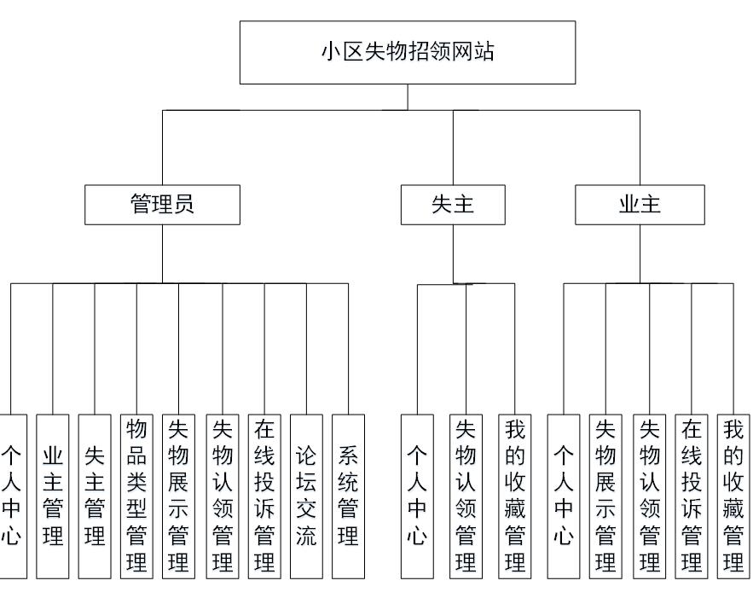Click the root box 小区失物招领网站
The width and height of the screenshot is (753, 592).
(x=407, y=52)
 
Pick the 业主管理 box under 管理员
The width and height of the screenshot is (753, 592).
(x=53, y=495)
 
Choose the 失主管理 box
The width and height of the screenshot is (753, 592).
(x=95, y=495)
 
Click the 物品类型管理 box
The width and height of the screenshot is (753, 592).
(x=136, y=495)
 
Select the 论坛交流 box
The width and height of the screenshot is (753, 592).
(x=306, y=495)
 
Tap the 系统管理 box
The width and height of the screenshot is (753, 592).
(x=348, y=495)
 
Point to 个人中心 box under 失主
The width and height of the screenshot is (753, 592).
(x=417, y=495)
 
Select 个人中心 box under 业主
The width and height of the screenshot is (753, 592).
(x=564, y=495)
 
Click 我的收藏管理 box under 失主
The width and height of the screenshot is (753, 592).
(x=515, y=495)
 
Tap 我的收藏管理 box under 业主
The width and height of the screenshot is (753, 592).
(x=733, y=495)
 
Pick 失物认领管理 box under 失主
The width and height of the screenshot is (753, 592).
(x=466, y=495)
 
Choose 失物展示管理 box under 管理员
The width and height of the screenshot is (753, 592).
(x=179, y=495)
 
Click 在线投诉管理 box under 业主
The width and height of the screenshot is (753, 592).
(x=692, y=495)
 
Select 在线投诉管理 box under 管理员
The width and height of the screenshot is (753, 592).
(x=264, y=495)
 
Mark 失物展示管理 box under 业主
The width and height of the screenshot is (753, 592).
(x=605, y=495)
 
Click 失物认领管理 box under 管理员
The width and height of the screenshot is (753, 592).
(x=223, y=495)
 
